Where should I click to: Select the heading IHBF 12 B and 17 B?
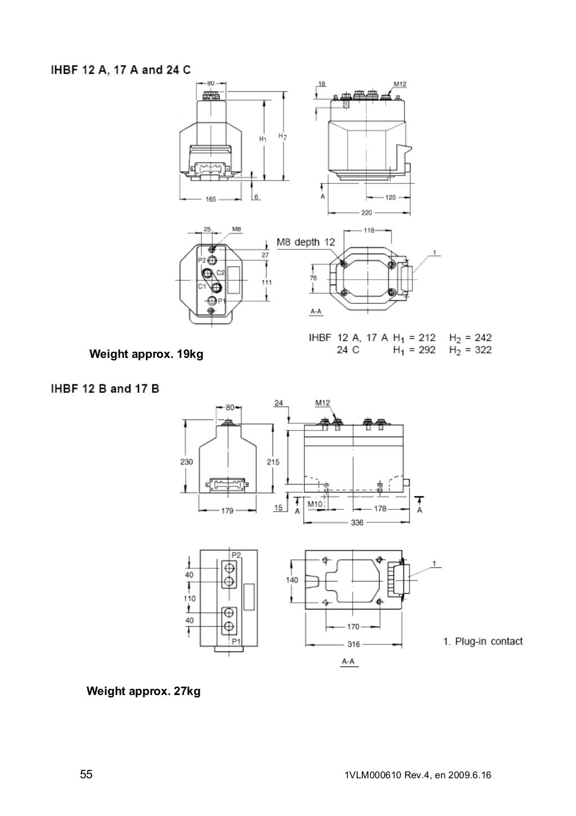pos(105,388)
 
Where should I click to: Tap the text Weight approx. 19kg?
pos(146,355)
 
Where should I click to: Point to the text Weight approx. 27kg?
pos(143,691)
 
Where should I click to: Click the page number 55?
pos(86,775)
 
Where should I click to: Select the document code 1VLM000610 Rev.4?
pos(382,775)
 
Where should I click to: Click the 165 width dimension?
pos(211,199)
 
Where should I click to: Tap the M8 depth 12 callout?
pos(305,243)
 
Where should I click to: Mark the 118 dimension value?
pos(369,230)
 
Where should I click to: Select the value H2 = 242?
pos(470,338)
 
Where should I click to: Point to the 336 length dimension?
pos(357,522)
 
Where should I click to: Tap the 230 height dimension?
pos(186,461)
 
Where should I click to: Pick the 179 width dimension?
pos(227,511)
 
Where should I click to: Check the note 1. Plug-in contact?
pos(483,641)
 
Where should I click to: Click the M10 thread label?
pos(315,504)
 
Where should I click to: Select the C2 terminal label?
pos(220,272)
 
